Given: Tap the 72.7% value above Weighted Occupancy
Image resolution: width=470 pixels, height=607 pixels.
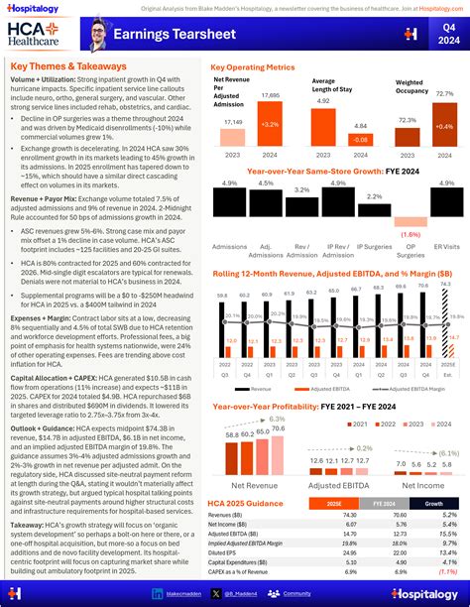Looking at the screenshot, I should tap(444, 93).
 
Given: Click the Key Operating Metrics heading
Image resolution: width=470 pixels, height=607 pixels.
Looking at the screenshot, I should tap(252, 67).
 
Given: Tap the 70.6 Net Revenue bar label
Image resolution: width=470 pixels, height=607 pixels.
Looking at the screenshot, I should tap(263, 428).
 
